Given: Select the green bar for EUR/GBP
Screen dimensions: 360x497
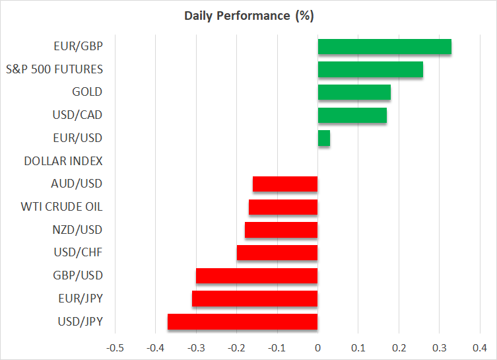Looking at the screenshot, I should click(x=384, y=46).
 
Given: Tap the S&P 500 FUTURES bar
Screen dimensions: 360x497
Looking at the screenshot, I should click(x=370, y=69).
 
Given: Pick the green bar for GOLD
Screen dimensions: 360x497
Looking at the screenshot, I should click(x=354, y=92).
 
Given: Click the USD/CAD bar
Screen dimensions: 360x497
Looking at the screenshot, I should click(x=352, y=115).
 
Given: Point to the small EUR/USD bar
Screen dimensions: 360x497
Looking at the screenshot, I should click(x=323, y=138).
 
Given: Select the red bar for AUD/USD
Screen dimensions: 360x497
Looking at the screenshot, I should click(x=285, y=184).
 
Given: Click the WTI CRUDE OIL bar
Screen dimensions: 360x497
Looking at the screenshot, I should click(x=283, y=207).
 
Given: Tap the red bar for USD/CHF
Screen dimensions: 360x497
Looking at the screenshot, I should click(x=277, y=253).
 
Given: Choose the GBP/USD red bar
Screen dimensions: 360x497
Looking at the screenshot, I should click(x=257, y=275).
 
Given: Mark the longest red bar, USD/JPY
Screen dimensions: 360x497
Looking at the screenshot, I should click(x=242, y=322).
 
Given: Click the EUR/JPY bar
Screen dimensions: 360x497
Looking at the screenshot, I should click(x=255, y=299).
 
